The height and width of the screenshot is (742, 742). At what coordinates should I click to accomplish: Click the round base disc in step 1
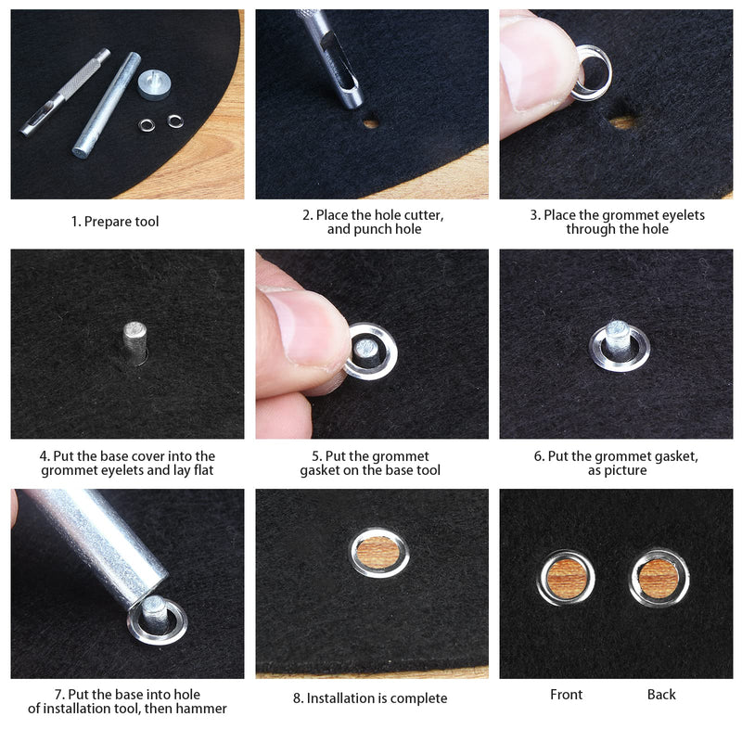click(153, 85)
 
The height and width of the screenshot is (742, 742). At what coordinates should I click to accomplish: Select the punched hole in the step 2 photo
click(371, 122)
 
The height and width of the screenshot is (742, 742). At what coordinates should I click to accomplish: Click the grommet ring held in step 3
click(592, 74)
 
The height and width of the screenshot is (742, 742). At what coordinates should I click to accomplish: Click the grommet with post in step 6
click(618, 345)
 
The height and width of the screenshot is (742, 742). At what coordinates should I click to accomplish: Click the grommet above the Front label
click(566, 579)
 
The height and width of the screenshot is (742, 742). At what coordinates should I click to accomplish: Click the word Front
click(567, 695)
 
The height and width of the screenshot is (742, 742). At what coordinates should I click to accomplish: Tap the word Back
click(661, 695)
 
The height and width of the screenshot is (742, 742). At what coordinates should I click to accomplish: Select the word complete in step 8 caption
click(416, 698)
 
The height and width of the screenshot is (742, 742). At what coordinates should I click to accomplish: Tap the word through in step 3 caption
click(589, 229)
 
